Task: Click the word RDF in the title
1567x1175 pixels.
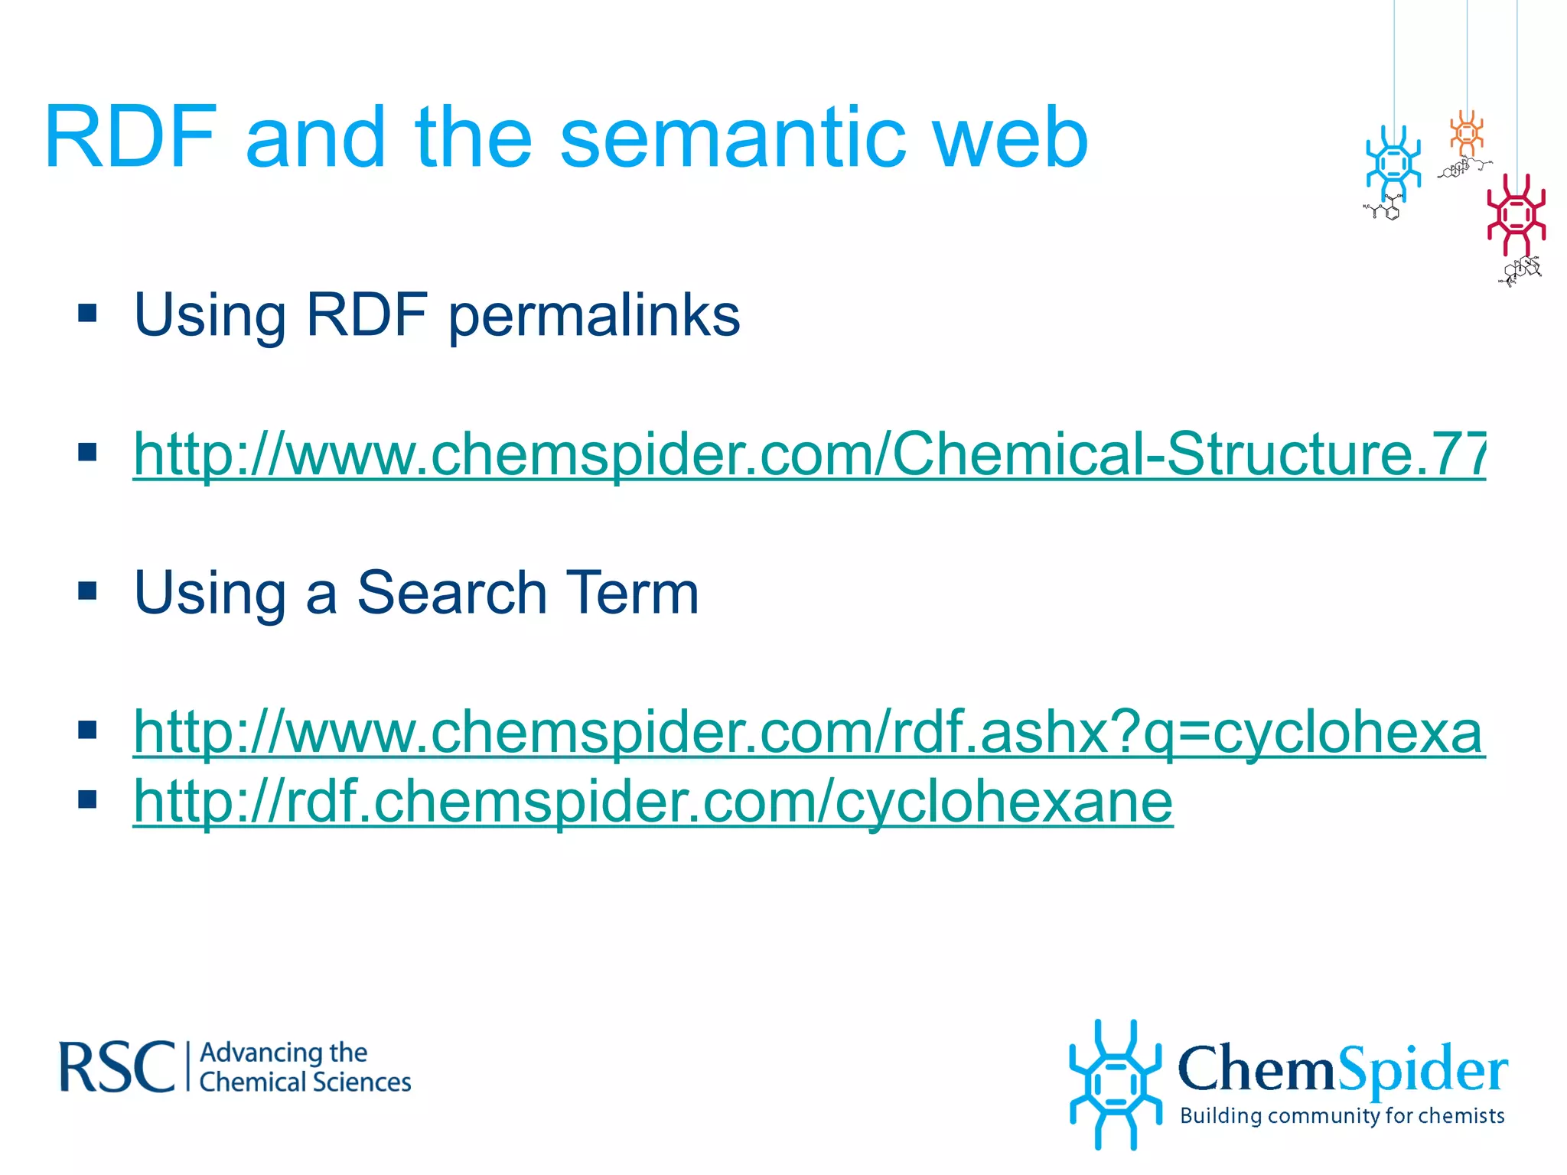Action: click(x=130, y=138)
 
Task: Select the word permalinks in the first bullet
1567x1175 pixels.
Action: click(x=594, y=315)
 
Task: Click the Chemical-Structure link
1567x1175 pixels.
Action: click(x=809, y=454)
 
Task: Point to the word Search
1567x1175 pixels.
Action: click(x=451, y=593)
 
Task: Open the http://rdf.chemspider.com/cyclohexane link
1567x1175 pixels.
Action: click(x=653, y=802)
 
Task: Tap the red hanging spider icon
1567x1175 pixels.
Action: click(x=1516, y=215)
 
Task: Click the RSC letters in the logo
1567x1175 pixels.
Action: click(x=117, y=1067)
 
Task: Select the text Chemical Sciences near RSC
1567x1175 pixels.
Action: click(x=305, y=1082)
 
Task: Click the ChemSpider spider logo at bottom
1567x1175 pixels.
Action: click(x=1115, y=1084)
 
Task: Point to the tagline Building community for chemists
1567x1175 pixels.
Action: click(x=1342, y=1115)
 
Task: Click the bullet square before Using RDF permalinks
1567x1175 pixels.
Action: click(x=87, y=313)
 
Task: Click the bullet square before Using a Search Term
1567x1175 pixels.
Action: click(x=87, y=591)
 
